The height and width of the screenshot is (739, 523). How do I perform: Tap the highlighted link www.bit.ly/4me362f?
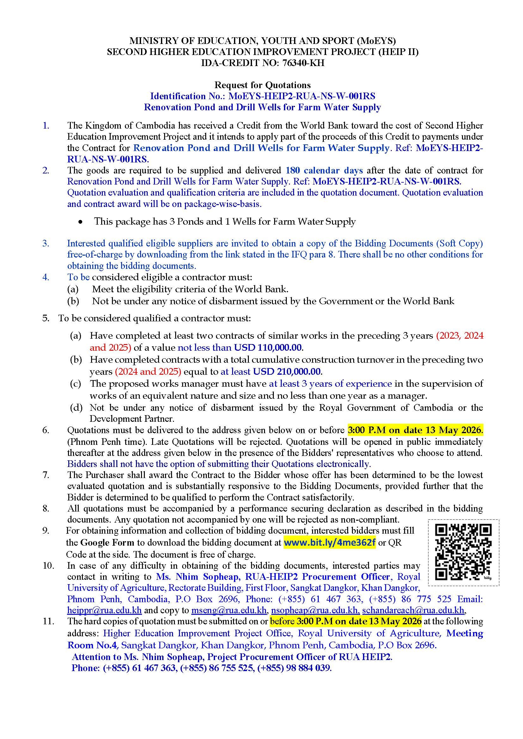[x=329, y=542]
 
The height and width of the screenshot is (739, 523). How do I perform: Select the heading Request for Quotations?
[x=262, y=85]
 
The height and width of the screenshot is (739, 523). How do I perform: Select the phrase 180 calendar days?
[x=324, y=170]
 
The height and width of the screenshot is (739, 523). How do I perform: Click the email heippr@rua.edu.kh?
[x=104, y=610]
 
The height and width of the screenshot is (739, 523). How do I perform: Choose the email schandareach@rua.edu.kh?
[x=413, y=610]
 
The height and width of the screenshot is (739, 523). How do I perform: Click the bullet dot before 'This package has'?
[x=82, y=222]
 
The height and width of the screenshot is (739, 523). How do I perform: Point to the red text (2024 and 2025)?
[x=148, y=372]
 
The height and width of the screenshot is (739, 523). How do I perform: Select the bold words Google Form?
[x=107, y=542]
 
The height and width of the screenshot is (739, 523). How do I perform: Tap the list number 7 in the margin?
[x=46, y=475]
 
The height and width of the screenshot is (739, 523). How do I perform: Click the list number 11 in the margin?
[x=48, y=621]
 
